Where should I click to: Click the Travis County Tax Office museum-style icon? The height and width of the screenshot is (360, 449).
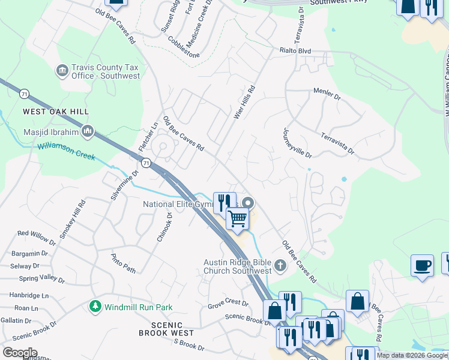(x=62, y=71)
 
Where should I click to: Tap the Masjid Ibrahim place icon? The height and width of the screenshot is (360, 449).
(x=88, y=131)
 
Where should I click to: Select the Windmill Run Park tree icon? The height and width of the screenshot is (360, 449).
(x=95, y=307)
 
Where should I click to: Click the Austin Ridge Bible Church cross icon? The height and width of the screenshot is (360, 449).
(x=280, y=266)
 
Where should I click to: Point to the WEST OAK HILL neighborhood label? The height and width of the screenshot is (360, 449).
(x=56, y=112)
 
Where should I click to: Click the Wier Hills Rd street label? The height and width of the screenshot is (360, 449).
(x=244, y=101)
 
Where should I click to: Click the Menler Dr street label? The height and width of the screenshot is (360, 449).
(x=327, y=94)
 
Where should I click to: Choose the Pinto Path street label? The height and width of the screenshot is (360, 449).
(x=124, y=262)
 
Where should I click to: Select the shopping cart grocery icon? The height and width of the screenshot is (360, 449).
(x=238, y=219)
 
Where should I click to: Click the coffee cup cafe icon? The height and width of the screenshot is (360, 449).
(x=422, y=266)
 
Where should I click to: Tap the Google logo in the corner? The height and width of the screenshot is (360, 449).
(x=19, y=352)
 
